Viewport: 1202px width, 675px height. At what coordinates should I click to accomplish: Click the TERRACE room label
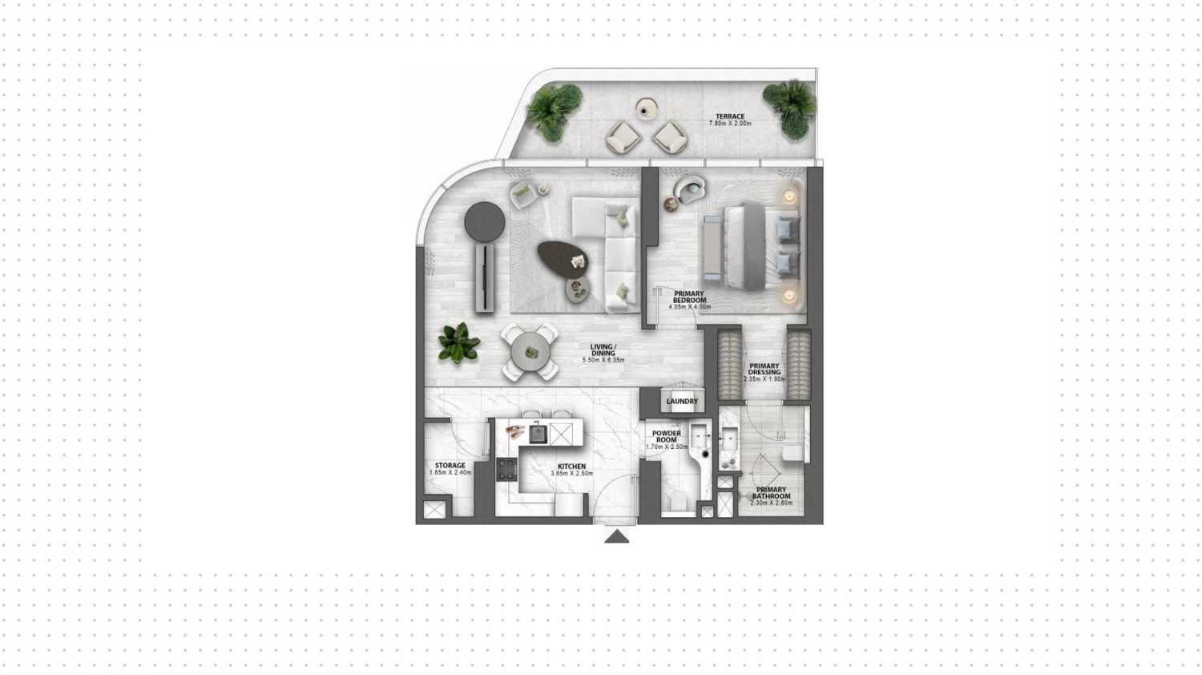point(729,117)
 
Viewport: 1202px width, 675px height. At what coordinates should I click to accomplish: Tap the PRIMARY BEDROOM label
point(689,297)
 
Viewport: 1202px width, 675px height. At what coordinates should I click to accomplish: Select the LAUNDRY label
point(682,402)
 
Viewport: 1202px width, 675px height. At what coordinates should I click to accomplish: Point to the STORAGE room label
point(450,466)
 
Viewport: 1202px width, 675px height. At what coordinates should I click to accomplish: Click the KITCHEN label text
point(572,467)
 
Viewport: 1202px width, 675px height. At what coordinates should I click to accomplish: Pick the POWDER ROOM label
point(667,437)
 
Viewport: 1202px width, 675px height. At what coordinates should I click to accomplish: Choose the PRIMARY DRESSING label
point(764,370)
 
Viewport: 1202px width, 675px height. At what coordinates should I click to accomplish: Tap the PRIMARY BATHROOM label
point(771,493)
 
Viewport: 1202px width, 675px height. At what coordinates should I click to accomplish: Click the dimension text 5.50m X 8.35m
point(603,361)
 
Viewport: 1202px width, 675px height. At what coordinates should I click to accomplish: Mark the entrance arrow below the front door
point(616,536)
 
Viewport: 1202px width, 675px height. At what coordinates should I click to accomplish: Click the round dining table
point(530,351)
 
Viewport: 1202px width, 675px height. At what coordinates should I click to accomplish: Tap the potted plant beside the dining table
point(458,343)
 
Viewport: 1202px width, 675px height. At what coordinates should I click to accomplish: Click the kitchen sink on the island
point(536,434)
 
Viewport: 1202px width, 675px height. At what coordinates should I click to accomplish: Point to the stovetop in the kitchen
point(506,469)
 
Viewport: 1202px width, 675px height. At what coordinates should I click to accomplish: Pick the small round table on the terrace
point(646,107)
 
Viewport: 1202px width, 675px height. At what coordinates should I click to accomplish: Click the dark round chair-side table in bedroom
point(671,205)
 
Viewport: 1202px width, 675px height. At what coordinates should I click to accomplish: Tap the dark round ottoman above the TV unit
point(485,218)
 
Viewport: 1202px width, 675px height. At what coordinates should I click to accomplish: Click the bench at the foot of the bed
point(712,247)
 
